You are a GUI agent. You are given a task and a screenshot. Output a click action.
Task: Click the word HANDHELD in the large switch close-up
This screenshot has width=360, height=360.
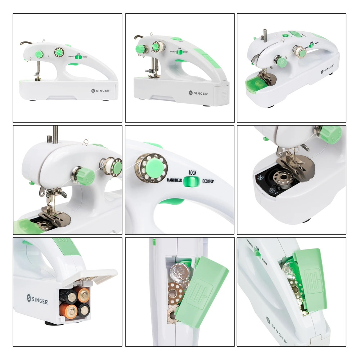(175, 180)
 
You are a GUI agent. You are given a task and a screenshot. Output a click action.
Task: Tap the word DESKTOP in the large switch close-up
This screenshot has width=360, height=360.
(208, 181)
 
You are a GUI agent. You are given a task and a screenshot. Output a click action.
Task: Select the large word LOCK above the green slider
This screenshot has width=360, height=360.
(193, 173)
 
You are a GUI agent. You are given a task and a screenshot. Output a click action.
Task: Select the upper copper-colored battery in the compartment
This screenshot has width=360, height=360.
(83, 293)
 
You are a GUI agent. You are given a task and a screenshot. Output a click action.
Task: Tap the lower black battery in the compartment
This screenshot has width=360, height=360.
(84, 309)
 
